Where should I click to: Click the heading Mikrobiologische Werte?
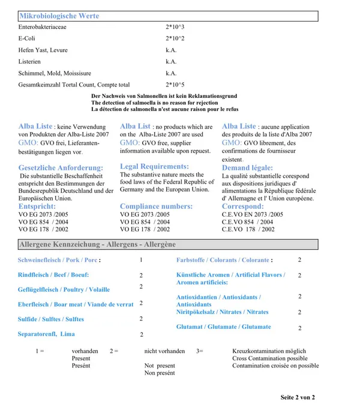pos(59,16)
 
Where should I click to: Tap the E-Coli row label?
pos(27,38)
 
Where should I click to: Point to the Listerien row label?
pos(30,61)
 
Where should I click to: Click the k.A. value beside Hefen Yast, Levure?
pos(171,50)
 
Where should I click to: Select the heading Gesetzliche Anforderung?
pos(61,167)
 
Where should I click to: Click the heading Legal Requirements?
pos(154,166)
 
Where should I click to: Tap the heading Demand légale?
pos(247,168)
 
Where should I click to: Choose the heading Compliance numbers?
pos(156,207)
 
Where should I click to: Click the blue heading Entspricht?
pos(38,207)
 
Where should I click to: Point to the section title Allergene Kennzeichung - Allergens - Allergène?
pos(97,245)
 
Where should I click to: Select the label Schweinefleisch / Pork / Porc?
pos(58,261)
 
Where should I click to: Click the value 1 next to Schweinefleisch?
pos(141,261)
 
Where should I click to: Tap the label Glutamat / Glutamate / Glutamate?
pos(223,327)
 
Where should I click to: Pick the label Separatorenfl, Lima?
pos(46,334)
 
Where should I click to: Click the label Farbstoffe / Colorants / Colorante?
pos(223,261)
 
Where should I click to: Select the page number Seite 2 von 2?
pos(298,397)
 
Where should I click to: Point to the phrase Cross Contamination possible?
pos(269,358)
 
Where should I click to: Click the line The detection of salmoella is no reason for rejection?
pos(155,103)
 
